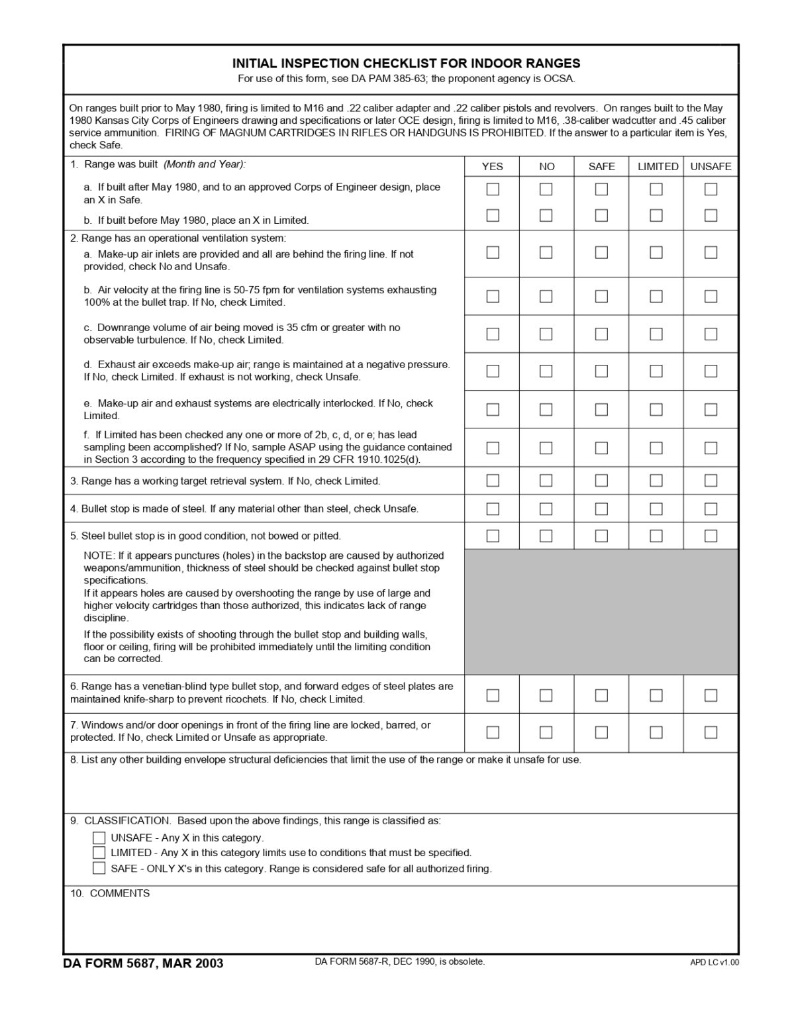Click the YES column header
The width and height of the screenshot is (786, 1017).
[492, 167]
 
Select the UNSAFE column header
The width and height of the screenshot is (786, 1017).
[711, 167]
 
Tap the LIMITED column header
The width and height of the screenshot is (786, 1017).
[658, 167]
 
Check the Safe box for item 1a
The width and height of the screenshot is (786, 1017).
[601, 189]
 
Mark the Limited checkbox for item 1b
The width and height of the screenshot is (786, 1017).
[656, 215]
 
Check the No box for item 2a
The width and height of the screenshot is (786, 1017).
[546, 252]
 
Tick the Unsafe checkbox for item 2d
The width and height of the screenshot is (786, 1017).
[711, 371]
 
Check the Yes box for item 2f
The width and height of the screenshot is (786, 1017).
[493, 448]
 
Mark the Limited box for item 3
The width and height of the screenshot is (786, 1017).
[656, 480]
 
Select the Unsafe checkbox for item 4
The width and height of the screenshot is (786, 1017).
[711, 508]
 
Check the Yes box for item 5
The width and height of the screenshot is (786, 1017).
[493, 536]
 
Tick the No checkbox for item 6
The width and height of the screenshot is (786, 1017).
[546, 695]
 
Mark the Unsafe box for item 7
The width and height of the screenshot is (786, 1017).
[711, 732]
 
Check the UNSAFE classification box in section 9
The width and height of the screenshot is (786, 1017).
[99, 838]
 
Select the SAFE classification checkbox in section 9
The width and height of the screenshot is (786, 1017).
[99, 868]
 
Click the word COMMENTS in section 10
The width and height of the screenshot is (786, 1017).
[119, 893]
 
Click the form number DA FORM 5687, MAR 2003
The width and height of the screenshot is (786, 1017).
[143, 963]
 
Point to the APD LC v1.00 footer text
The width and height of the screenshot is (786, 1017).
[714, 963]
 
